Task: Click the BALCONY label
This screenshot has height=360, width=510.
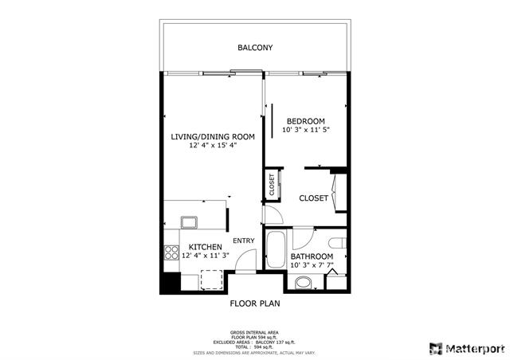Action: [x=255, y=48]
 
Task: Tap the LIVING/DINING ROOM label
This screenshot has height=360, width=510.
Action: [x=213, y=137]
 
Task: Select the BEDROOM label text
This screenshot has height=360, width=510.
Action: [x=306, y=121]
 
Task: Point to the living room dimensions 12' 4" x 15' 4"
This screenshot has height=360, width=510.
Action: [x=213, y=147]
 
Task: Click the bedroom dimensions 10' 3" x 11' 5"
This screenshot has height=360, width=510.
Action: [x=306, y=130]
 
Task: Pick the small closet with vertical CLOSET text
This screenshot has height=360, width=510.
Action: [x=272, y=185]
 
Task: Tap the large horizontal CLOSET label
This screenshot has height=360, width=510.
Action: [x=313, y=198]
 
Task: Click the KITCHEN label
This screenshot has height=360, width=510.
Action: [x=205, y=247]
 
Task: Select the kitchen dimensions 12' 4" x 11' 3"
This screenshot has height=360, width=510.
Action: [x=206, y=256]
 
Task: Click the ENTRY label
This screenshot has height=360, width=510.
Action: [x=243, y=241]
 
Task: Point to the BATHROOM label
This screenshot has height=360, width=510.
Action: [x=311, y=256]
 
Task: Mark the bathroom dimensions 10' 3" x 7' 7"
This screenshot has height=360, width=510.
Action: [x=311, y=265]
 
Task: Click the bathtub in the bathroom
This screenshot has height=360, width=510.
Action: [x=276, y=249]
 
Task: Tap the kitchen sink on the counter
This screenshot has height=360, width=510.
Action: [x=189, y=222]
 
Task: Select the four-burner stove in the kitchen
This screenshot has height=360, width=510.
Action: [x=171, y=253]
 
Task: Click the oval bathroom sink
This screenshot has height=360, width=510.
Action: [x=304, y=282]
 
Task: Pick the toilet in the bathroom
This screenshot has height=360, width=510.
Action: [x=337, y=243]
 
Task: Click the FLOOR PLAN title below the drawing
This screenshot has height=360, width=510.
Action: [x=255, y=303]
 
